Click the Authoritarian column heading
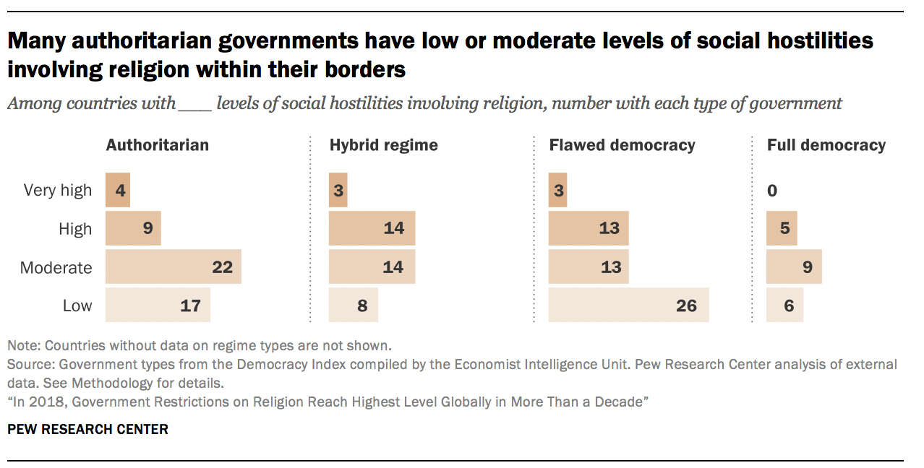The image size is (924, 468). click(157, 144)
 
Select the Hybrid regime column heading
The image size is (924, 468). click(383, 144)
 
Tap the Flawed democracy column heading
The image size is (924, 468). click(622, 144)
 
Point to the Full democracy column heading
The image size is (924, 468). click(826, 144)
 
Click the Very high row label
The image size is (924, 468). click(58, 191)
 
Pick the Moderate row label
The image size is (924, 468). click(56, 268)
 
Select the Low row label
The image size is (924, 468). click(77, 306)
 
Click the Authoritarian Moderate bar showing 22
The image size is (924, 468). click(173, 267)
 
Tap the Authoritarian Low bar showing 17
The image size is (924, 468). click(158, 305)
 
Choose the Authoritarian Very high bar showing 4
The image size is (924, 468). click(118, 191)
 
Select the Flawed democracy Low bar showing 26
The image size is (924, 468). click(628, 305)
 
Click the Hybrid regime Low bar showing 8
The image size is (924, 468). click(353, 305)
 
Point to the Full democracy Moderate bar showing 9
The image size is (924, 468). click(794, 267)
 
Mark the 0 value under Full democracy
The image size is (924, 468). click(772, 191)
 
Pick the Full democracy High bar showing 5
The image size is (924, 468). click(782, 229)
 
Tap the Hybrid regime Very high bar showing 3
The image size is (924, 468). click(338, 191)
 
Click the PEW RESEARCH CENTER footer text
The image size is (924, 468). click(87, 430)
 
